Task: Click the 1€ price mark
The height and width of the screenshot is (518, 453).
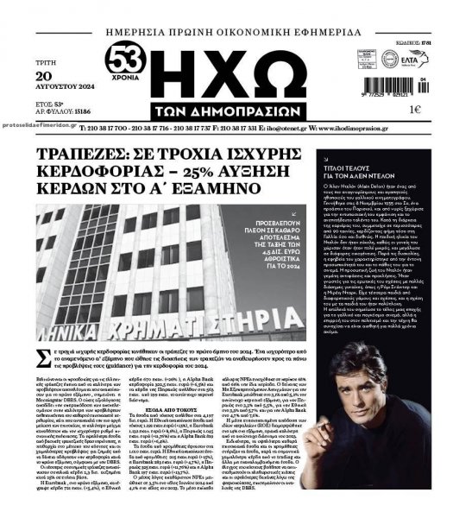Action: [x=414, y=110]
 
